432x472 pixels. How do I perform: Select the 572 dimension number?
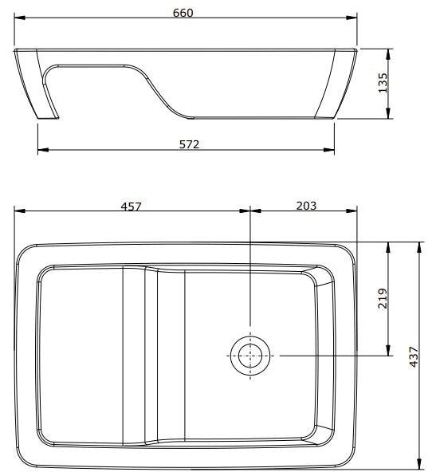[x=188, y=144]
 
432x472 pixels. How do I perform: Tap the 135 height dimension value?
[x=383, y=82]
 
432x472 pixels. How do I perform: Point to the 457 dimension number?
[x=131, y=206]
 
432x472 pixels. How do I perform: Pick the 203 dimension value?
[x=305, y=206]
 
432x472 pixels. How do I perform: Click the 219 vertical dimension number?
[x=383, y=298]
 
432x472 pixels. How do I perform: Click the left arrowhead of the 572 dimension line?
[x=42, y=149]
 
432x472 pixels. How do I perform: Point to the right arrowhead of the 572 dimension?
[x=331, y=149]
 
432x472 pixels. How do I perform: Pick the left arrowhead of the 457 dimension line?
[x=19, y=211]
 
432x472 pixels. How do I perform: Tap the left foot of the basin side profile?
[x=48, y=119]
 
